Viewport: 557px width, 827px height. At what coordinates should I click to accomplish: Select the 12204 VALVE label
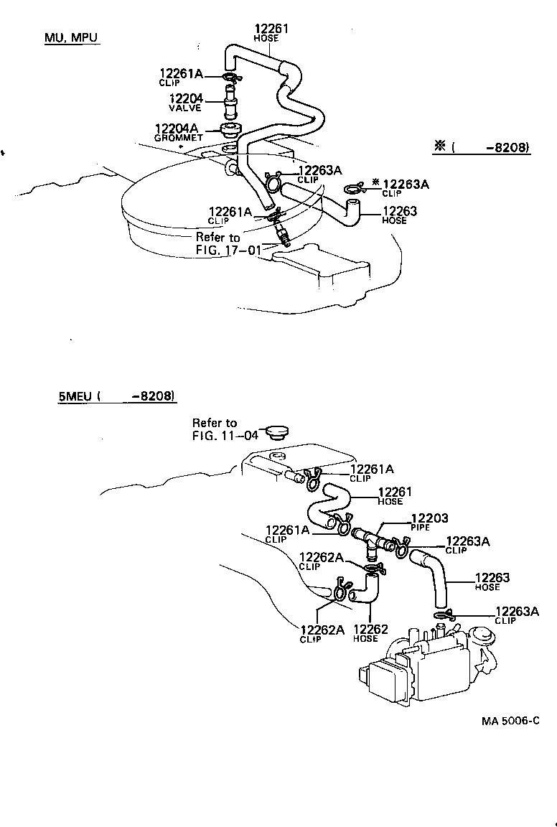(185, 103)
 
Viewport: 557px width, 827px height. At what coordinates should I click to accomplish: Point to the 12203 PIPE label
(429, 521)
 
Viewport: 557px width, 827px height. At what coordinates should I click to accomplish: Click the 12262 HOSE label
(370, 633)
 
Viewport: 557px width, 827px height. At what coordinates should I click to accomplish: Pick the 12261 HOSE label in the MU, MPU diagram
(271, 33)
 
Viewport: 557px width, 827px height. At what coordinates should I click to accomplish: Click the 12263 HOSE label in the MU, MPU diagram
(400, 215)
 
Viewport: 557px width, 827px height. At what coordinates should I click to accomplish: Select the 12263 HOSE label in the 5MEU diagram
(492, 581)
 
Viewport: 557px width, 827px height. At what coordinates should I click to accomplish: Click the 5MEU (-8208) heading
(117, 396)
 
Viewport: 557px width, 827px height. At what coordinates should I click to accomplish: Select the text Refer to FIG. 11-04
(215, 429)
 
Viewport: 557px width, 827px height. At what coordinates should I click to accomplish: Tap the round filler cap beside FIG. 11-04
(276, 432)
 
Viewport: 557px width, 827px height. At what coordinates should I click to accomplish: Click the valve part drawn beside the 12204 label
(230, 102)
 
